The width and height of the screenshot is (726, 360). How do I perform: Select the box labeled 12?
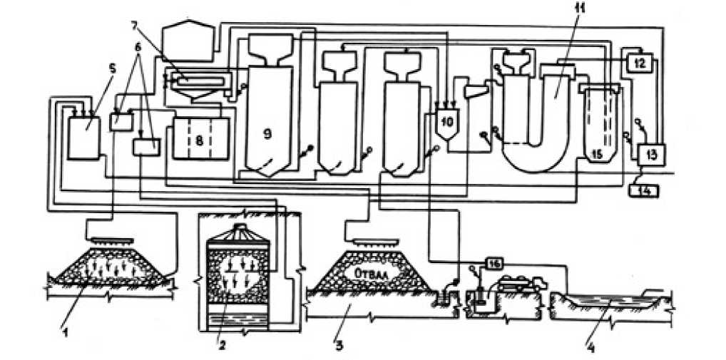click(x=639, y=62)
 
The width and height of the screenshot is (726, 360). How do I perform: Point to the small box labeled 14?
click(x=644, y=190)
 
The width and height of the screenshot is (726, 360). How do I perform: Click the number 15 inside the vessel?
click(x=598, y=153)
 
